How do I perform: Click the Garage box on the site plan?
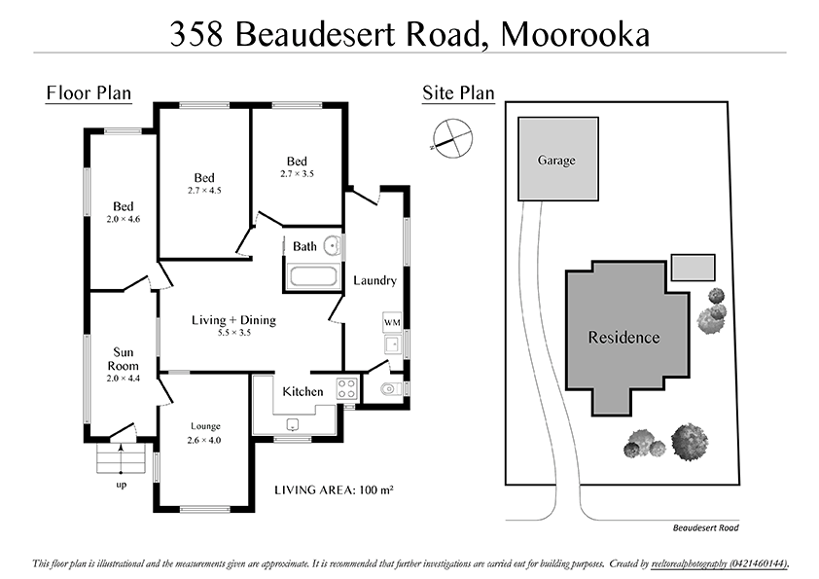click(557, 159)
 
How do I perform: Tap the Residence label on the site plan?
click(623, 338)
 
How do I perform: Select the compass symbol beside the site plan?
click(452, 135)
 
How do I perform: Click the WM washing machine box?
click(392, 321)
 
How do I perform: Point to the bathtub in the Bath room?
click(313, 276)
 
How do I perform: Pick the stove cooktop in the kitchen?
click(346, 388)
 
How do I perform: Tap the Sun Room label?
click(123, 357)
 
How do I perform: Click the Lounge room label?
click(204, 425)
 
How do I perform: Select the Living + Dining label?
click(233, 319)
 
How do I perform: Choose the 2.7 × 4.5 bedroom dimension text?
click(204, 191)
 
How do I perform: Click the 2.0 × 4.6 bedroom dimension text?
click(123, 219)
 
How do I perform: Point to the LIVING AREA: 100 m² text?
click(334, 489)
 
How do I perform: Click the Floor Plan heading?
click(89, 93)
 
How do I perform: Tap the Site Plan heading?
click(458, 93)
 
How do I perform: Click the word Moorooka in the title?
click(573, 34)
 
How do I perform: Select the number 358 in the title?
click(200, 34)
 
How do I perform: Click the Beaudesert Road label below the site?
click(705, 528)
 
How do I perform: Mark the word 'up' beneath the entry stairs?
click(121, 484)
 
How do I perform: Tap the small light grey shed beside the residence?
click(693, 267)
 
